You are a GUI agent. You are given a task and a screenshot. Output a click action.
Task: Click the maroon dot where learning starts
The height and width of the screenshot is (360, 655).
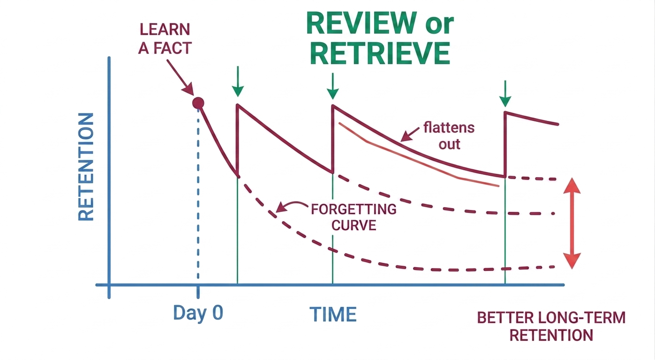point(198,103)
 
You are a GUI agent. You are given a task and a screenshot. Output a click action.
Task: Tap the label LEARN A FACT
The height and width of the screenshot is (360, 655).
point(164,38)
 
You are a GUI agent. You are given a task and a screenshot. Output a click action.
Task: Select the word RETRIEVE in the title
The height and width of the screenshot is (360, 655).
point(380,53)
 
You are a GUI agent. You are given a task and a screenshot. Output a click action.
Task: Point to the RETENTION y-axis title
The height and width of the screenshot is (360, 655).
point(86,167)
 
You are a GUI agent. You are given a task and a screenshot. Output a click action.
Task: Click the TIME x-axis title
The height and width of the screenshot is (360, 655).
point(333,314)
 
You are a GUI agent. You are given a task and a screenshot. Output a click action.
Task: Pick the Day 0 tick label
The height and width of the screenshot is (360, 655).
point(198,313)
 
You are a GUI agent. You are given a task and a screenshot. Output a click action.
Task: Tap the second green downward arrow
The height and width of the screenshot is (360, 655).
point(332,85)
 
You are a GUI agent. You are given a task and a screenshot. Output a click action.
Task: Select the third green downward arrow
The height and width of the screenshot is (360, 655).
point(505,94)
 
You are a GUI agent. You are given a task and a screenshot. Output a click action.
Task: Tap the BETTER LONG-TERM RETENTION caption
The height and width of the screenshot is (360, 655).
point(551,326)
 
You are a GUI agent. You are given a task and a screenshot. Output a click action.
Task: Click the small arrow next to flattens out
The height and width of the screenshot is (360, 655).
point(410,135)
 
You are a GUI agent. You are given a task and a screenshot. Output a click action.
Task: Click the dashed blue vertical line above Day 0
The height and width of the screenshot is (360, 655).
point(198,197)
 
